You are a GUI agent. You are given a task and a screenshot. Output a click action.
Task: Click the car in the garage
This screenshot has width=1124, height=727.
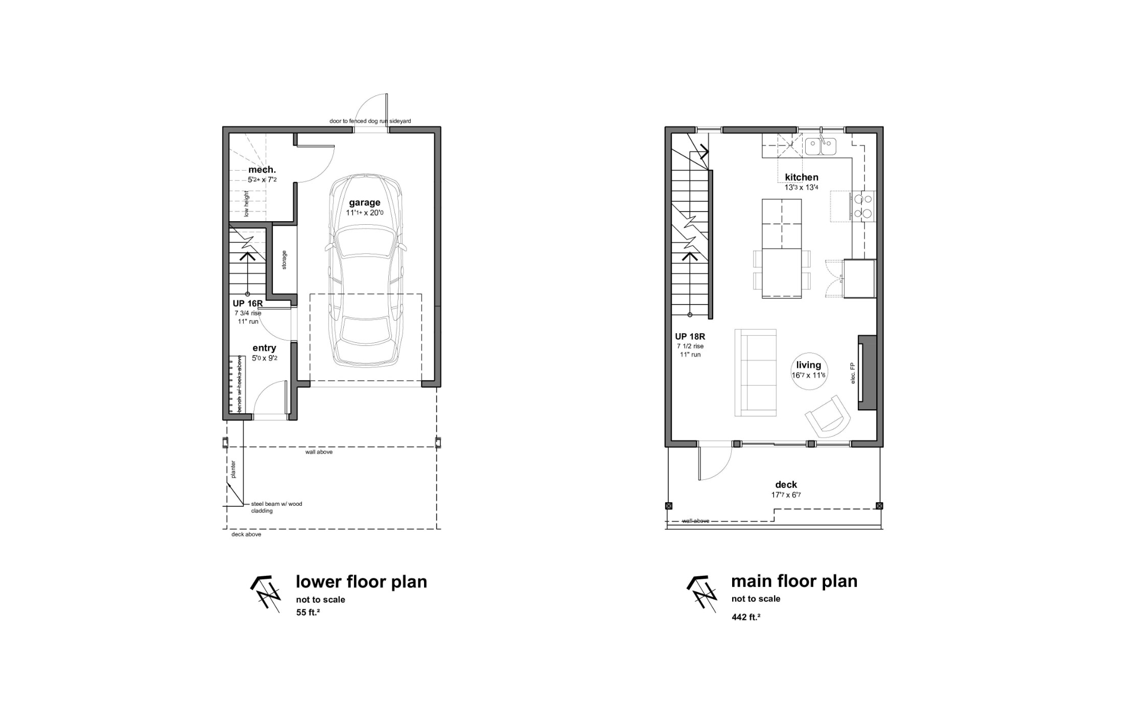pos(365,270)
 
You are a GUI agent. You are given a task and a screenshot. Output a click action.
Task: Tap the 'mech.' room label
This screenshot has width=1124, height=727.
pos(262,170)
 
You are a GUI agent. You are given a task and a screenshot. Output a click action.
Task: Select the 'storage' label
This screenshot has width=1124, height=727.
pos(284,260)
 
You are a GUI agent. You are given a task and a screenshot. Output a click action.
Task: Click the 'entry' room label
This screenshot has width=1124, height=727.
pos(264,348)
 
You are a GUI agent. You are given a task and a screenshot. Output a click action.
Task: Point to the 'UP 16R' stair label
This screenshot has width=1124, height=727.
pos(247,303)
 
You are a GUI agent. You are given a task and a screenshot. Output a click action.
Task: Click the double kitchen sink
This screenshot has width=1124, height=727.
pos(821,147)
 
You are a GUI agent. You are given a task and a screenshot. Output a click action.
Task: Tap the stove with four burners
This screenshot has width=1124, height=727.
pos(862,205)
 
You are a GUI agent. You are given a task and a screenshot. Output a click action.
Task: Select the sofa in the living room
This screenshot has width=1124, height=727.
pos(756,372)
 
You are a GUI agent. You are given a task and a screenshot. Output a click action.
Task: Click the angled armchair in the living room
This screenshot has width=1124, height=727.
pos(828,416)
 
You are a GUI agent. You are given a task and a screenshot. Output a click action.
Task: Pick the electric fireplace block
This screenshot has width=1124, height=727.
pos(867,372)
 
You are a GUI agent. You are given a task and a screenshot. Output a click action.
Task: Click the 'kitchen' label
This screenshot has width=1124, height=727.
pos(802,177)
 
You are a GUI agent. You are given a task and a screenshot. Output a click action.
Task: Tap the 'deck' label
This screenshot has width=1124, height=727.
pos(786,485)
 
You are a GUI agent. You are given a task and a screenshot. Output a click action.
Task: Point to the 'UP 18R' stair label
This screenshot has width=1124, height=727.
pos(690,337)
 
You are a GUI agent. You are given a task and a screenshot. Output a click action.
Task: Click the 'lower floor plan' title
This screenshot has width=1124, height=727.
pos(361,581)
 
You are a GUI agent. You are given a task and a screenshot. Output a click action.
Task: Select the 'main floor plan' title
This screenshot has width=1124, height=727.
pos(794,581)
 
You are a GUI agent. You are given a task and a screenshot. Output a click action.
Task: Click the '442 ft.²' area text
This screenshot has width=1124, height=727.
pos(746,617)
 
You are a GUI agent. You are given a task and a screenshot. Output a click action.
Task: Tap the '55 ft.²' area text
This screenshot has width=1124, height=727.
pos(308,612)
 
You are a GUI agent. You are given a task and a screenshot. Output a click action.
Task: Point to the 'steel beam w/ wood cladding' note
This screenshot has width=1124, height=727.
pos(276,507)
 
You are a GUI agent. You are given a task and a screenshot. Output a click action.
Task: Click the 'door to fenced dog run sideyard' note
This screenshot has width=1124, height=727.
pos(370,121)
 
